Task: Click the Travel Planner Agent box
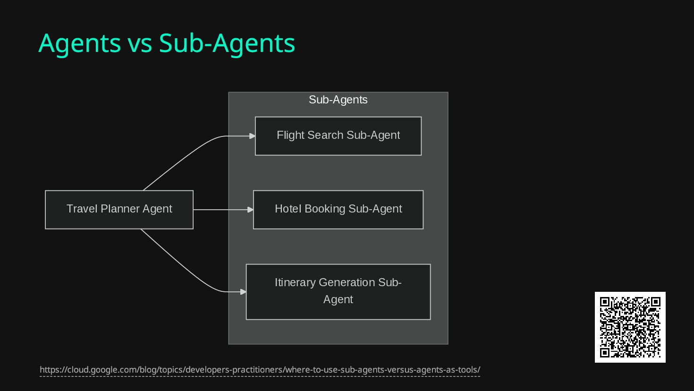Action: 119,210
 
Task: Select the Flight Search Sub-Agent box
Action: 338,136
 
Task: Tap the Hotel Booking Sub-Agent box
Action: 338,210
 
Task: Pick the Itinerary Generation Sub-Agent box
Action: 338,292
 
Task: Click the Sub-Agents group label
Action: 338,100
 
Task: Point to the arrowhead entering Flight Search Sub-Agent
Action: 253,136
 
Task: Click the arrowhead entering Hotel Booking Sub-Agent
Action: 251,209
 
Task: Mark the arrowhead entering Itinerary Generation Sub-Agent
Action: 244,292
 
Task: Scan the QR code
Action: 630,327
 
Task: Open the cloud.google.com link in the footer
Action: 260,370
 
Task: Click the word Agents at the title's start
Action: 79,43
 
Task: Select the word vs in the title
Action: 139,43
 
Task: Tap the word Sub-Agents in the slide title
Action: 227,43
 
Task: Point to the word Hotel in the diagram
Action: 288,209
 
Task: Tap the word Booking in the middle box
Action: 325,209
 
